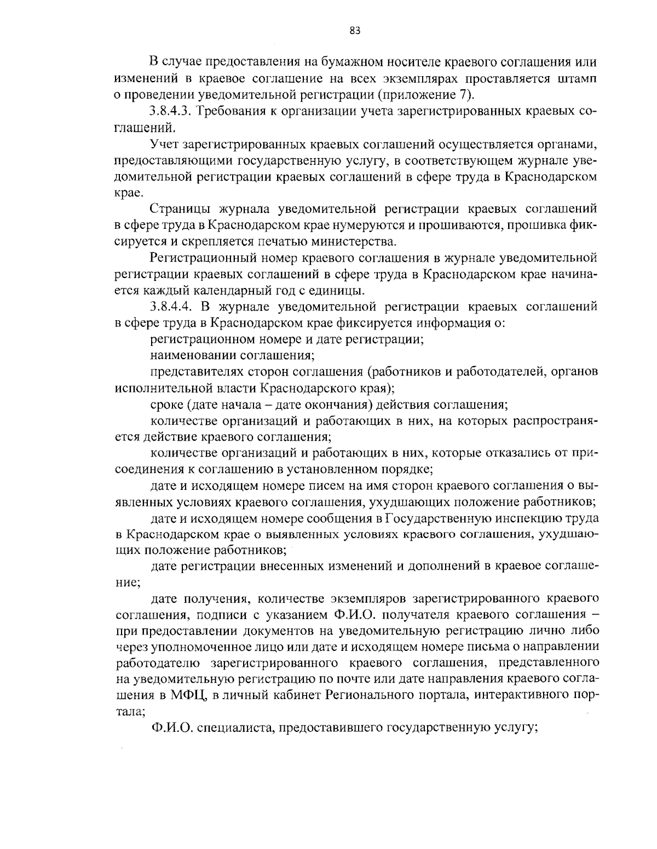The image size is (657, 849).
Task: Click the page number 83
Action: (x=355, y=30)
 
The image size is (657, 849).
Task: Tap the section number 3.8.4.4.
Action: (x=170, y=306)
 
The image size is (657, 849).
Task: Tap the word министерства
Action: (x=358, y=241)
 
